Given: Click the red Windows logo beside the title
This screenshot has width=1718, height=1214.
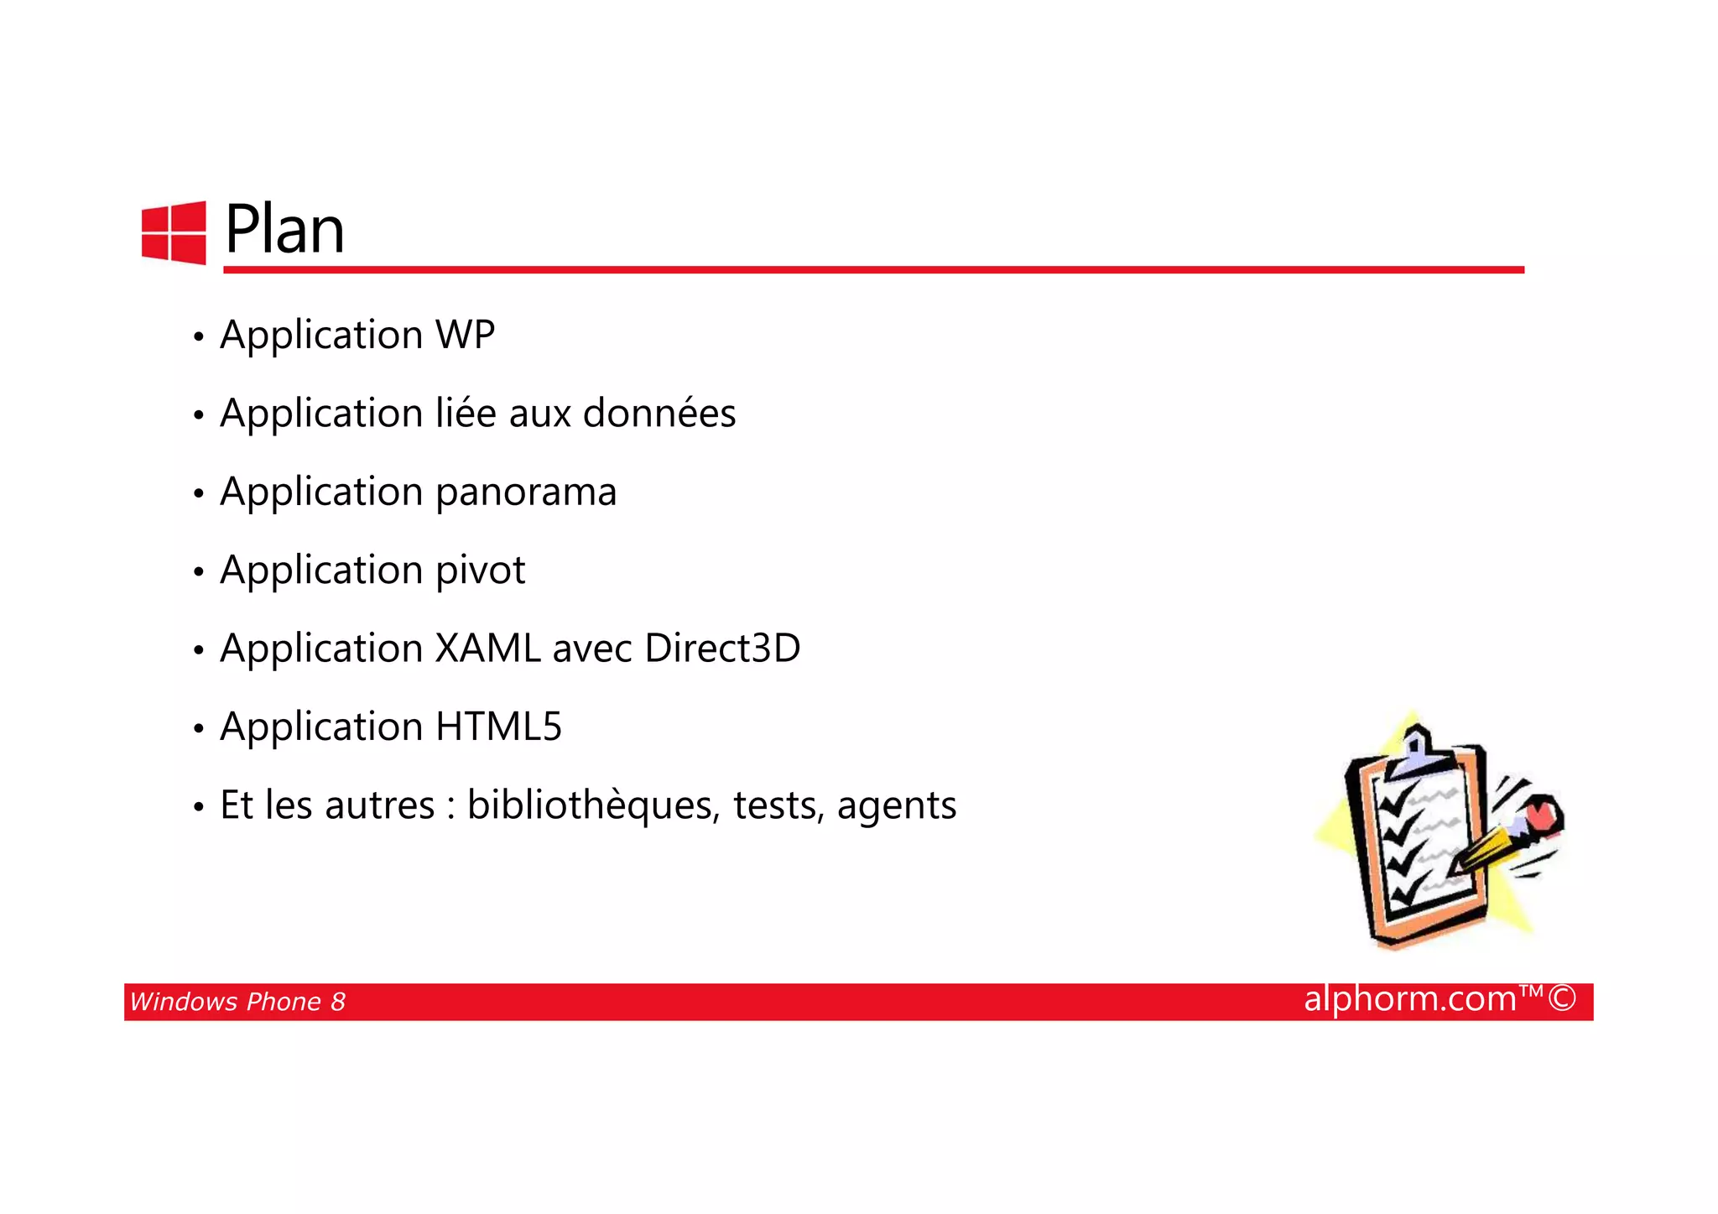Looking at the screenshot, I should pos(174,232).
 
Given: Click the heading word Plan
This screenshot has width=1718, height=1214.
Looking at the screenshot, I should pos(284,230).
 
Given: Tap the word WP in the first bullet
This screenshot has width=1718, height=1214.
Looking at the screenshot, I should pos(465,335).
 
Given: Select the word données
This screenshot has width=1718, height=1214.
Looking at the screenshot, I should pos(659,413).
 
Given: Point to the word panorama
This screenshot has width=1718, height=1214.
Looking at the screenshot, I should pos(526,492).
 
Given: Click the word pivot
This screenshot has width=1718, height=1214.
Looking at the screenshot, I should pos(481,571).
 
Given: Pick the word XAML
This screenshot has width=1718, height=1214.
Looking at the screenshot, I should pos(487,649).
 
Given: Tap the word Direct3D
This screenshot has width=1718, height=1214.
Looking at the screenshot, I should pos(722,649).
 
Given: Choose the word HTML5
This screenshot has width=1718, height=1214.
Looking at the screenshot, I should pos(498,727).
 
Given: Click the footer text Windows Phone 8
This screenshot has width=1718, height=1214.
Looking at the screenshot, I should pos(237,1002).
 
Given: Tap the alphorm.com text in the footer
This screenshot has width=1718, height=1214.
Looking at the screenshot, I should pos(1410,999).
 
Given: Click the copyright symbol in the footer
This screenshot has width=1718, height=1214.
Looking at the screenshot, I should pos(1562,998).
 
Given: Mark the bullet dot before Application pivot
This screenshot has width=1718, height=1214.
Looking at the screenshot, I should pos(198,572).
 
